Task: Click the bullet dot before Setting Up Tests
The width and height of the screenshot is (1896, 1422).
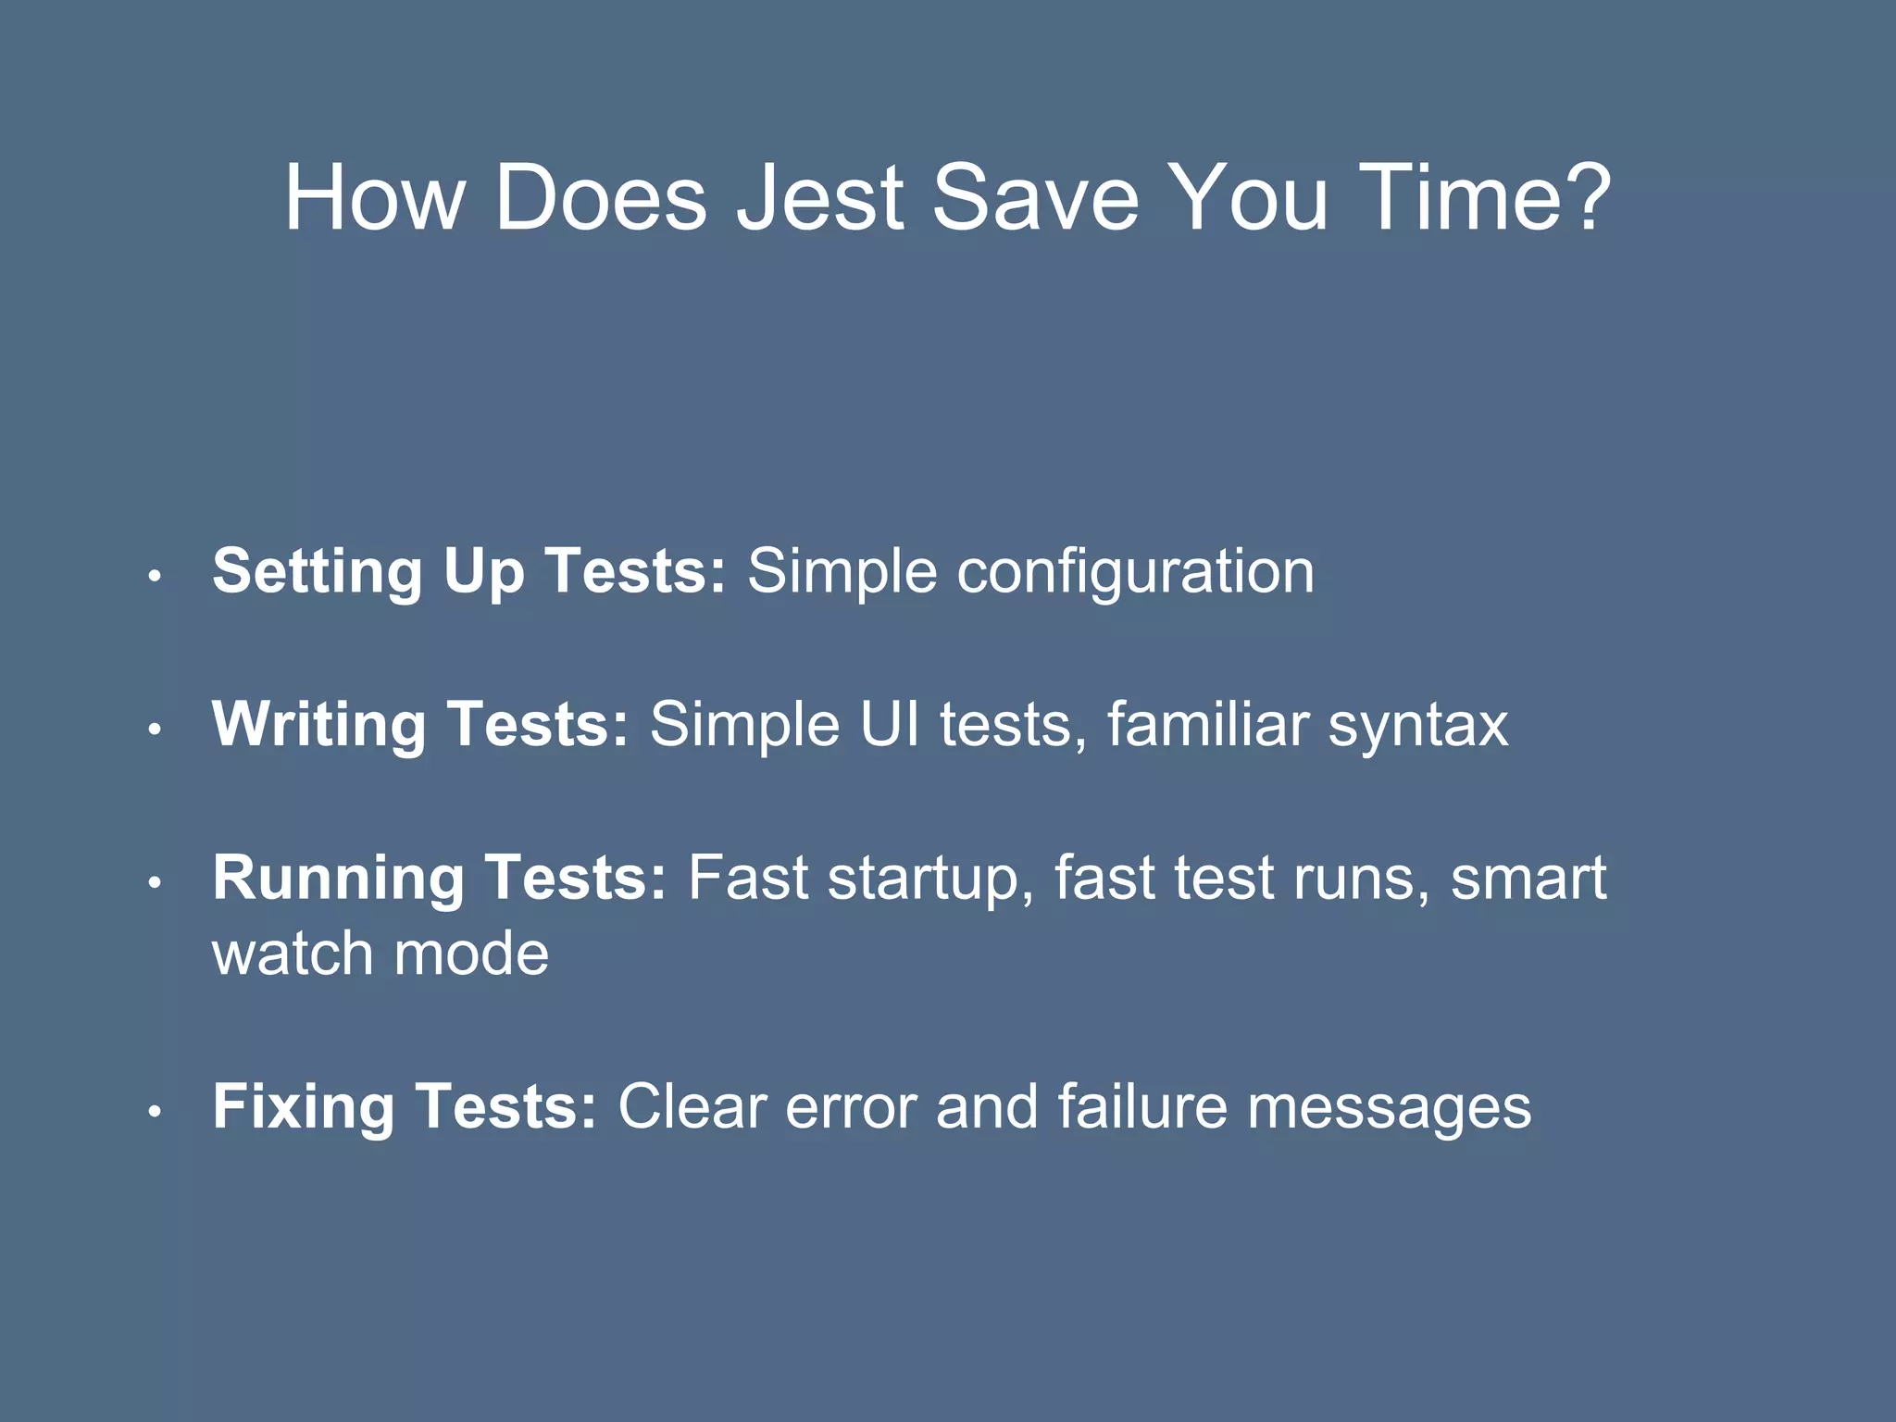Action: pyautogui.click(x=156, y=576)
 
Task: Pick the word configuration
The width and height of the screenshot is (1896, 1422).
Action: pyautogui.click(x=1135, y=571)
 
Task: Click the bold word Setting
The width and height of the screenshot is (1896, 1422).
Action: pyautogui.click(x=318, y=571)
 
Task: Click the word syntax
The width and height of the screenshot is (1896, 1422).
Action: pyautogui.click(x=1418, y=725)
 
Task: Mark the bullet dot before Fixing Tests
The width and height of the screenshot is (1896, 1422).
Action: pyautogui.click(x=156, y=1111)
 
